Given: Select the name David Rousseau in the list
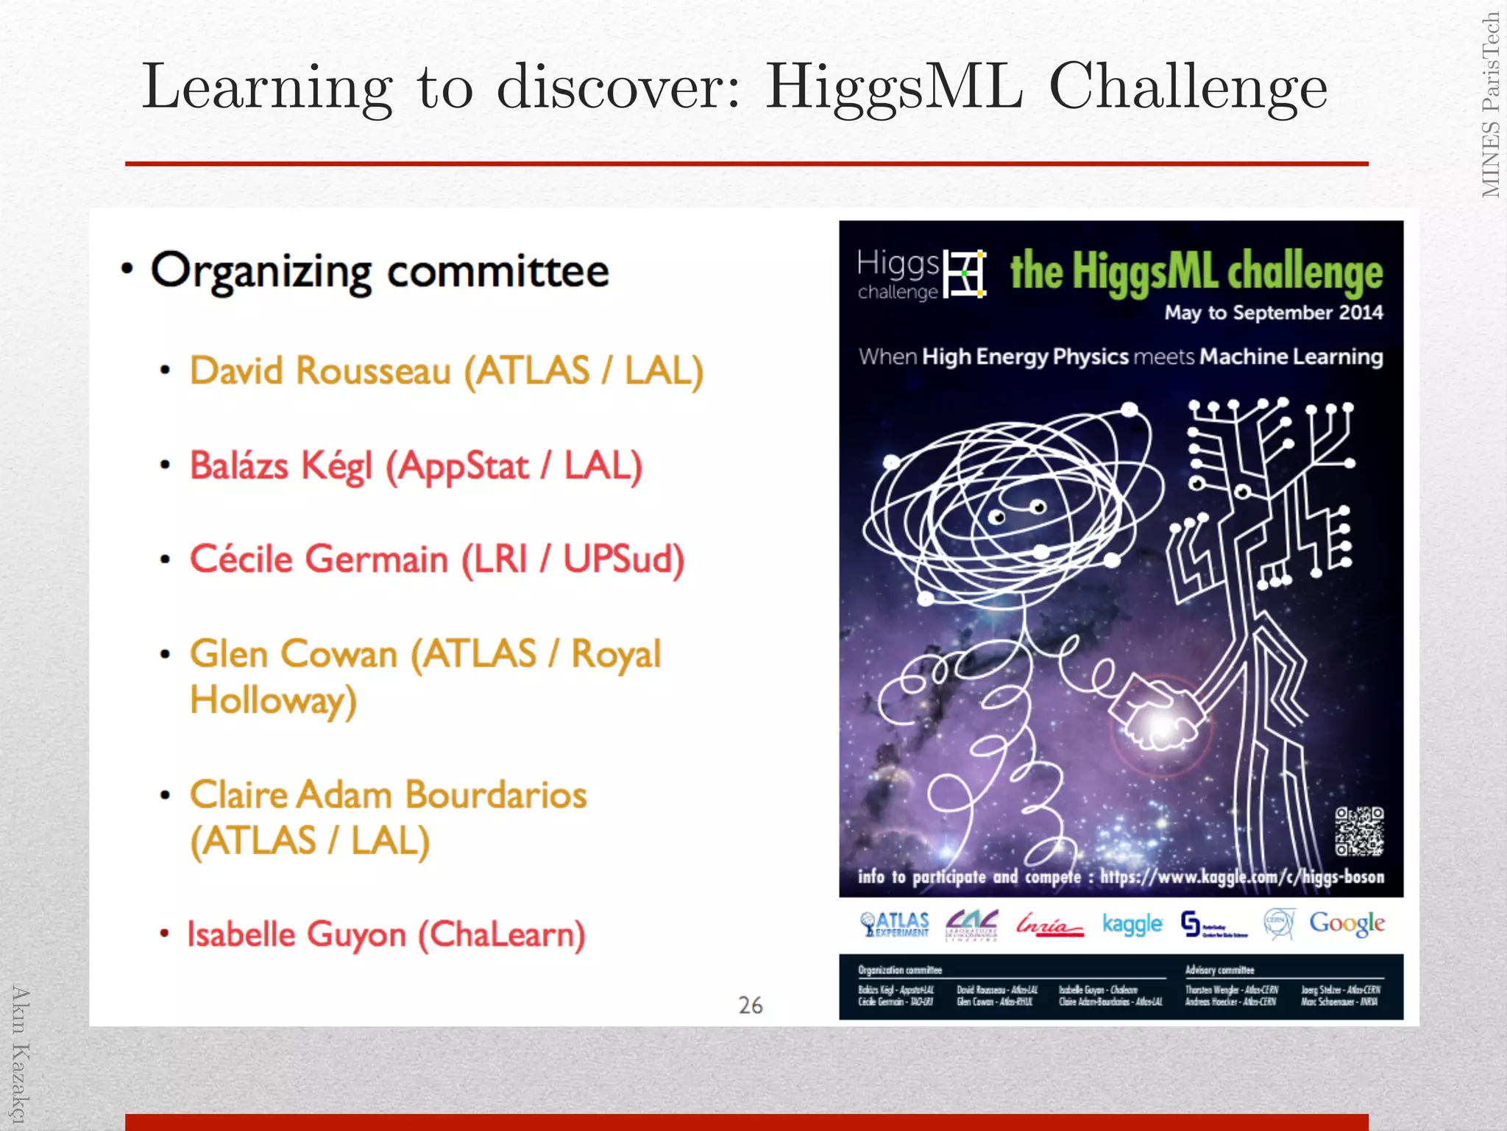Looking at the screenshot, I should point(320,370).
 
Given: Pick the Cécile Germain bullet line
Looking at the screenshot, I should point(436,559).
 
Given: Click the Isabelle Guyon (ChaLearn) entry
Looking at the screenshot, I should point(386,934).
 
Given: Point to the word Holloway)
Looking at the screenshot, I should point(273,700).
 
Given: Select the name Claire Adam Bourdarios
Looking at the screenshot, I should point(389,795).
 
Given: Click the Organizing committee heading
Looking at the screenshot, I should point(380,271).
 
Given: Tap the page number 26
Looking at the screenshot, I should point(751,1005).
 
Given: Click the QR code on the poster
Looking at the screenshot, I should point(1359,831).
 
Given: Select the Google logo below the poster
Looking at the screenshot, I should point(1347,923).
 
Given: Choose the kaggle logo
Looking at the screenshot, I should point(1132,923).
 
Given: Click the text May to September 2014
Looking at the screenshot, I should point(1273,313).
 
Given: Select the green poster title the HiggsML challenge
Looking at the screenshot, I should point(1196,271).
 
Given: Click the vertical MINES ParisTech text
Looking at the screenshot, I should point(1490,105).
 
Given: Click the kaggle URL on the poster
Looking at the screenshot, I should point(1242,877).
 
